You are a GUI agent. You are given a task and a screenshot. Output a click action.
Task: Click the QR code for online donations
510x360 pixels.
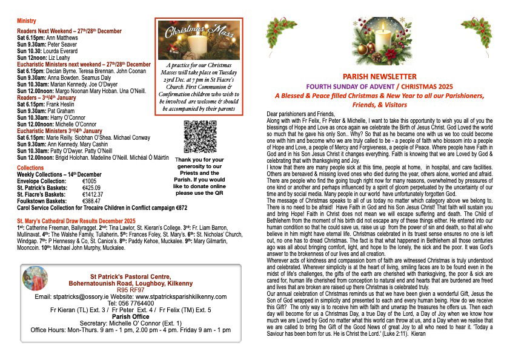[x=199, y=137]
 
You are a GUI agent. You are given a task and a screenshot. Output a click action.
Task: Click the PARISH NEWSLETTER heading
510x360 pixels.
[x=379, y=77]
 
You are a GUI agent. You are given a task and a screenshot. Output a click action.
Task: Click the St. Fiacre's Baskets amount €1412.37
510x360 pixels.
[x=94, y=194]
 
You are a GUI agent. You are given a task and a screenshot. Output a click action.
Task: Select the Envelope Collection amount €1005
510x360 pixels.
[x=90, y=181]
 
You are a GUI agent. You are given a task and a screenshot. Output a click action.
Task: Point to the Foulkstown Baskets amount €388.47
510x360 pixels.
[x=91, y=201]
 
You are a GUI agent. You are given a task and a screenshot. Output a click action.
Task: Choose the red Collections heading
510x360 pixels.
[x=30, y=168]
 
